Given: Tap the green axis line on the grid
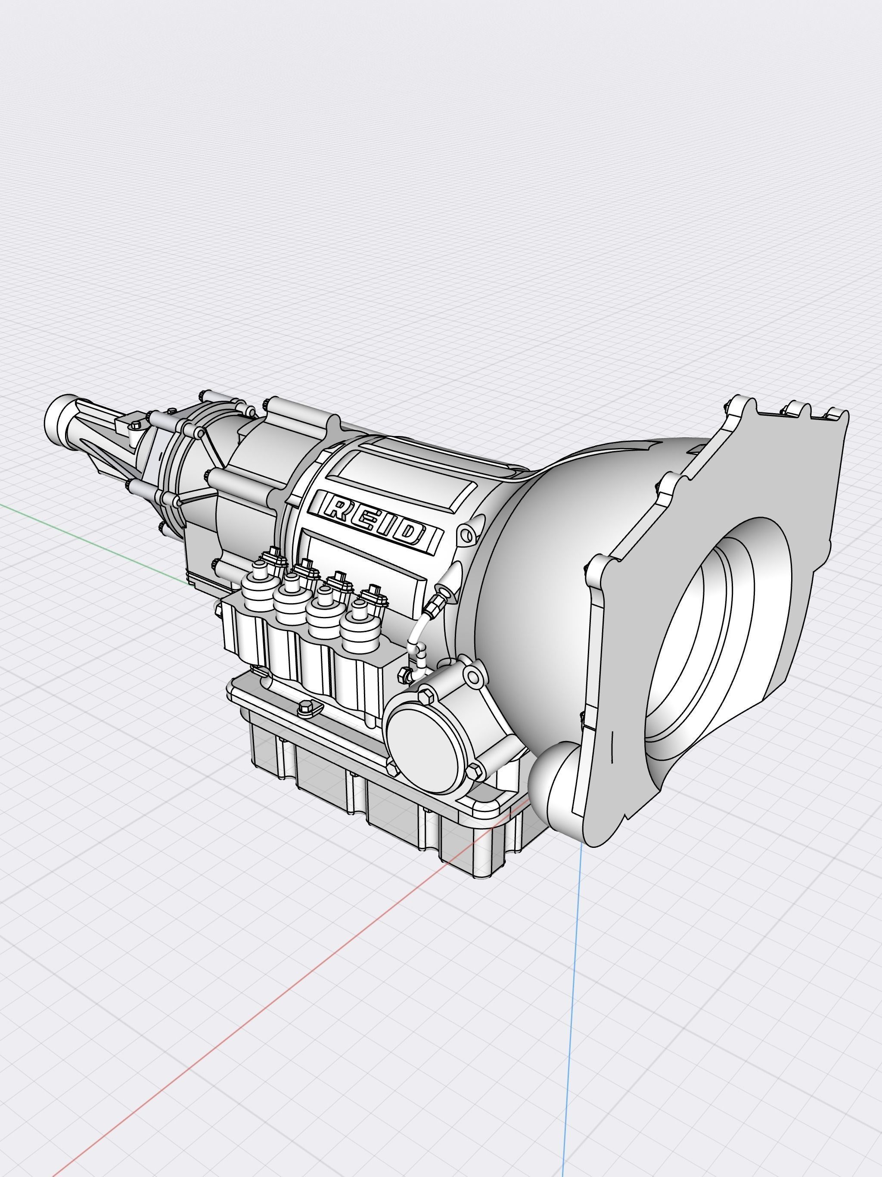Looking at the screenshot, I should [80, 532].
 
